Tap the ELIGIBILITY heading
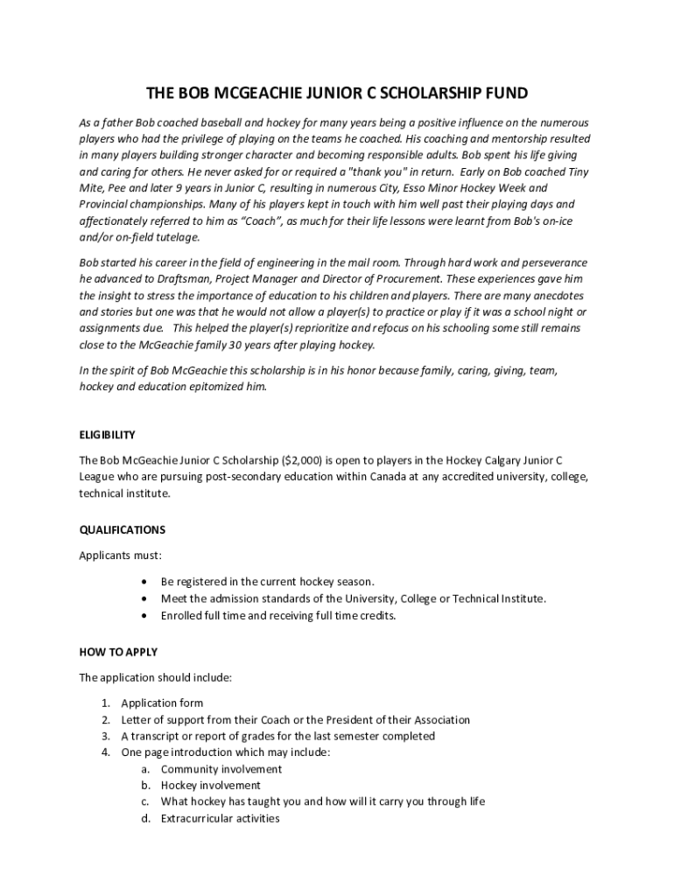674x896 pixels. (x=108, y=435)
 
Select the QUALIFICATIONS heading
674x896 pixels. (x=123, y=529)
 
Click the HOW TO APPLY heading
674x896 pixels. (x=118, y=652)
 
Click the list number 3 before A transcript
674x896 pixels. (x=105, y=736)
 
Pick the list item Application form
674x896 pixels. (x=162, y=703)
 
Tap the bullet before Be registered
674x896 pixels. (x=144, y=582)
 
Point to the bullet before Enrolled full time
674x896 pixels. (x=144, y=616)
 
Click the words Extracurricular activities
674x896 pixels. (x=221, y=818)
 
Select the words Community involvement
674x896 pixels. (x=221, y=769)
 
